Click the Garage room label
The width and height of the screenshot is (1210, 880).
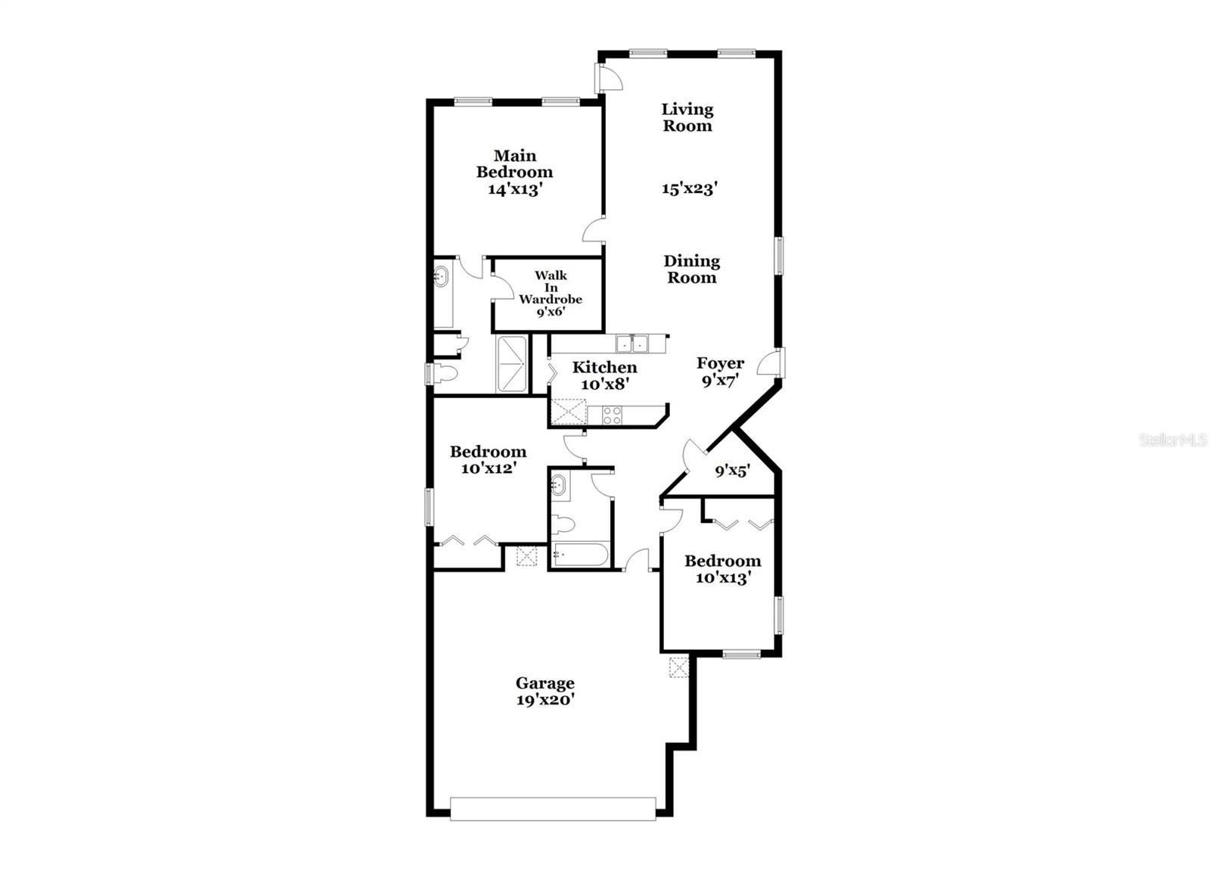[x=544, y=684]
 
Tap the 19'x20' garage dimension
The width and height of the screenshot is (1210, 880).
[x=544, y=701]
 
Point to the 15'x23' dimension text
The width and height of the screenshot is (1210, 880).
[x=689, y=189]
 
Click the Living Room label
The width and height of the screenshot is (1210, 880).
[x=687, y=117]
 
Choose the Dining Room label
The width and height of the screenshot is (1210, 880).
[x=691, y=269]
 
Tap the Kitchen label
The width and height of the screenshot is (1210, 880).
[x=604, y=368]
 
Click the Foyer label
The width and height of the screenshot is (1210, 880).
[x=720, y=363]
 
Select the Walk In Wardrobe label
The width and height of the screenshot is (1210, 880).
[x=551, y=287]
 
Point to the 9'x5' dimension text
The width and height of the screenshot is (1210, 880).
[x=732, y=471]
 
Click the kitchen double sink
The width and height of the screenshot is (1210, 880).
[x=631, y=344]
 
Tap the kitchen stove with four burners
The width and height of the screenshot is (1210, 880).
[x=611, y=415]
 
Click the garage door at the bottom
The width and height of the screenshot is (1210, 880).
[x=553, y=808]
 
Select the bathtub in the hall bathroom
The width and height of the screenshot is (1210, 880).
[x=580, y=555]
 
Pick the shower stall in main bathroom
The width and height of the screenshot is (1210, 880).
[x=511, y=364]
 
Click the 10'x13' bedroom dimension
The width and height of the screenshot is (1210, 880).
[x=722, y=578]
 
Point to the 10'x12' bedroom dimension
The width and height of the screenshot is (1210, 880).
[x=489, y=468]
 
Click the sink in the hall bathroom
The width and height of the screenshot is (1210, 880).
[x=558, y=484]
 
